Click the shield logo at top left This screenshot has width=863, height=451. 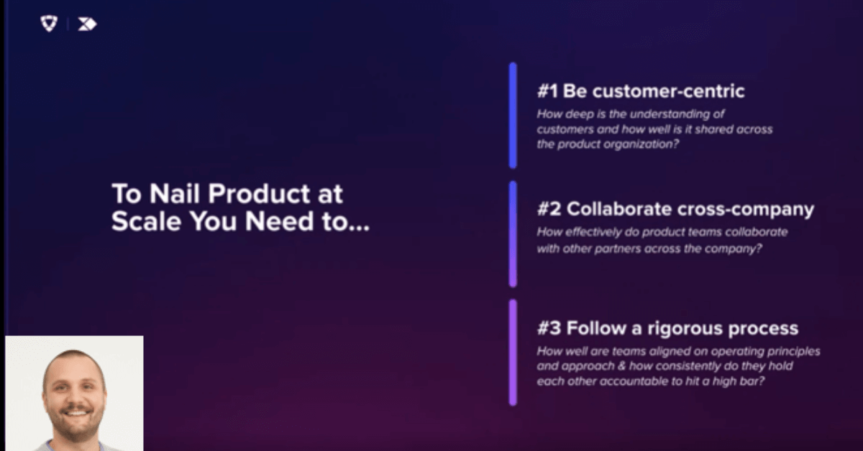49,24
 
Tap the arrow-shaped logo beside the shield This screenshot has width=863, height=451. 88,24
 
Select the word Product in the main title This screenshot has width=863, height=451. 259,193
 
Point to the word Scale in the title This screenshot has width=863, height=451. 147,221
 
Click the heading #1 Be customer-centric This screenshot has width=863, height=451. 641,91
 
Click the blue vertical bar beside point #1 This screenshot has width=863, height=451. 513,116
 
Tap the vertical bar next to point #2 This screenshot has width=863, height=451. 513,234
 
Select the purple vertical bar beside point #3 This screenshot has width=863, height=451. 513,353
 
